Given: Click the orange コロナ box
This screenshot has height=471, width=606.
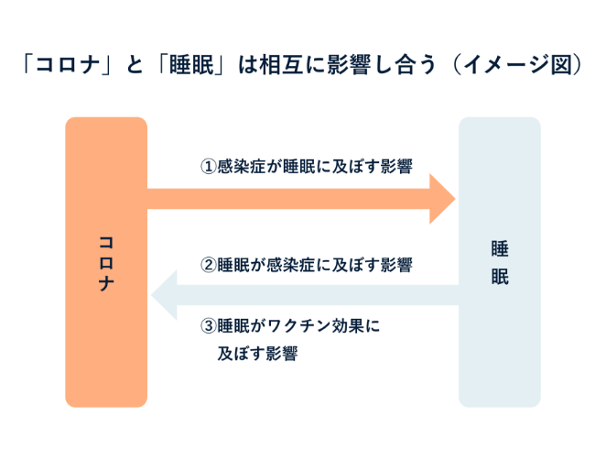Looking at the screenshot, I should coord(105,339).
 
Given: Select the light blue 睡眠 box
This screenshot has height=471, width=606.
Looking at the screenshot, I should coord(499,348).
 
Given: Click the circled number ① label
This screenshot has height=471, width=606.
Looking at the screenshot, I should coord(208,167).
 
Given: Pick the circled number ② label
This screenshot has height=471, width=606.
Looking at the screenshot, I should coord(208,266).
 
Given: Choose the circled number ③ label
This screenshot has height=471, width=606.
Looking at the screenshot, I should coord(208,325).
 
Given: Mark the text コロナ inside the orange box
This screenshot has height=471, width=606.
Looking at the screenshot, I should coord(106,262).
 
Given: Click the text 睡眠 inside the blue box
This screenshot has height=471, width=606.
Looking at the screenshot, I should coord(499,262).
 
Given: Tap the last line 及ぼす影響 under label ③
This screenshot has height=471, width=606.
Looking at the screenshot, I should coord(257,354).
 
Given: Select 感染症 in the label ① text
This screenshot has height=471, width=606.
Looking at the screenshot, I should coord(241,167).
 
